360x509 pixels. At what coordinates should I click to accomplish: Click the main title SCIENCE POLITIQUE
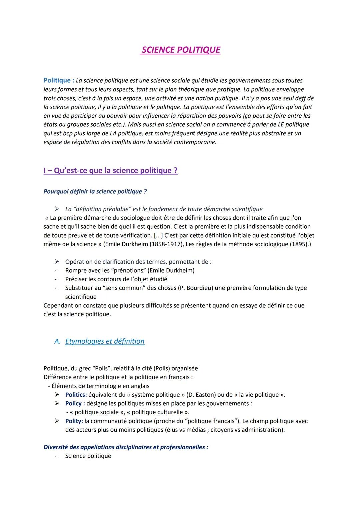181,50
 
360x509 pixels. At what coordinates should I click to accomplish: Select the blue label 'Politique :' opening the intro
59,80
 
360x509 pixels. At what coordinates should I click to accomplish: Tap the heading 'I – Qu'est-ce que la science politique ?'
110,171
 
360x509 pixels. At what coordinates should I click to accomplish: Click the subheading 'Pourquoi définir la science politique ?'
95,192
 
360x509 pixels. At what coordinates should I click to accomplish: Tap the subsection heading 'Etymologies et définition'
105,341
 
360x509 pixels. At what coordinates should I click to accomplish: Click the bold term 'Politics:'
76,395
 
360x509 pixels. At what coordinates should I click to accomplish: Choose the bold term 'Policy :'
75,404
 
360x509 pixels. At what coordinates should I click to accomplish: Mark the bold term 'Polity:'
74,421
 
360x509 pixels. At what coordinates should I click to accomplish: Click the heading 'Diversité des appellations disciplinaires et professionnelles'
126,447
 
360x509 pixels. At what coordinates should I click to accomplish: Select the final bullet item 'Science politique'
88,456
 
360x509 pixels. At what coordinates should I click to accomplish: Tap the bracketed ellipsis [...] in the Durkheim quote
158,236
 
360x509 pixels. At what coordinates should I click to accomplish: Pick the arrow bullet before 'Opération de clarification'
57,262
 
